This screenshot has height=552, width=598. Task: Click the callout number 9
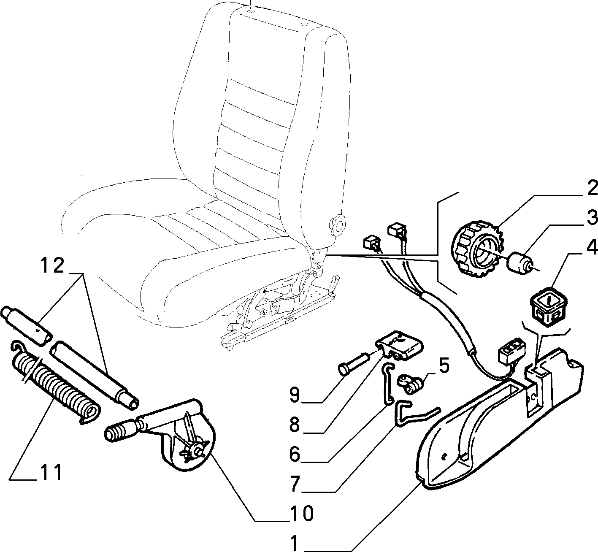tap(295, 395)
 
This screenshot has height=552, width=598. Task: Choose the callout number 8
tap(295, 425)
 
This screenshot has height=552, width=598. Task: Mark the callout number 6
tap(295, 455)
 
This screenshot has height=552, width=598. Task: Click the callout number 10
tap(301, 514)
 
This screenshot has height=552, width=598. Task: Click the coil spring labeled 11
tap(56, 381)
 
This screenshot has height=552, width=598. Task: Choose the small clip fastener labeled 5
tap(411, 384)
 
